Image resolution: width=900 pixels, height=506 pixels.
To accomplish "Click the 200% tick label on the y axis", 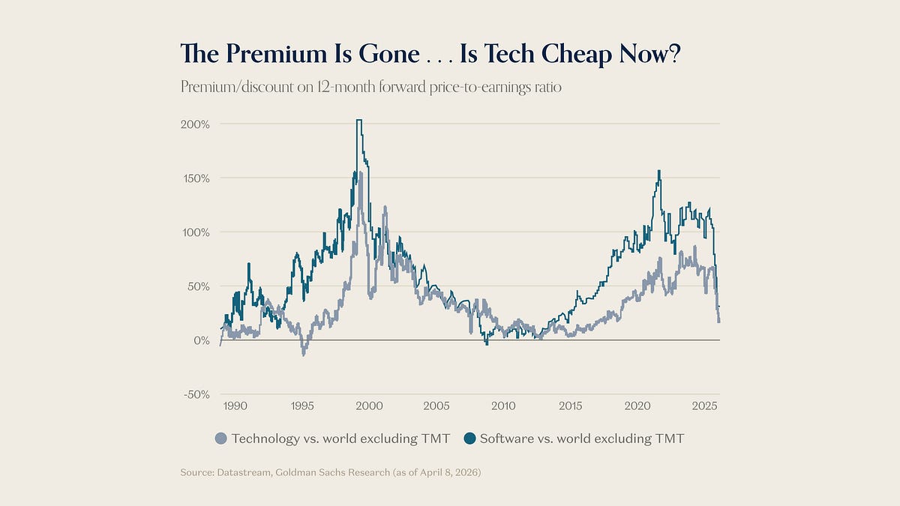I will tap(195, 124).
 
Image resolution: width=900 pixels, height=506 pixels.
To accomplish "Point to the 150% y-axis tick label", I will tap(195, 178).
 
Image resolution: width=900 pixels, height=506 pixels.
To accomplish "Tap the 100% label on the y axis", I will tap(195, 232).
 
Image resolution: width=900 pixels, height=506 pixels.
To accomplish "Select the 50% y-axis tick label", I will tap(198, 286).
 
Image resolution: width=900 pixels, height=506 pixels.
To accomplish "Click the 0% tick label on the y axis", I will tap(201, 340).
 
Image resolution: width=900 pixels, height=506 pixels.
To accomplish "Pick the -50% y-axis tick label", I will tap(196, 394).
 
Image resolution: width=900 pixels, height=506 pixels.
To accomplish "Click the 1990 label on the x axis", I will tap(235, 406).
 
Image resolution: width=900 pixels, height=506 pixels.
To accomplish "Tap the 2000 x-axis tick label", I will tap(368, 406).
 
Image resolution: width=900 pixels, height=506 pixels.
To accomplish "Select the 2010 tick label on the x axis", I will tap(503, 406).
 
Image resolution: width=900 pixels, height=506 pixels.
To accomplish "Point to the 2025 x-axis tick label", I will tap(704, 406).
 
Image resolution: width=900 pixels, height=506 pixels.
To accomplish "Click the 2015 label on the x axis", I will tap(571, 406).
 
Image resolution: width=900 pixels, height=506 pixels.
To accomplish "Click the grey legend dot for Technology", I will tap(220, 439).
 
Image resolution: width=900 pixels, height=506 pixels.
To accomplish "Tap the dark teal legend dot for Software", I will tap(468, 439).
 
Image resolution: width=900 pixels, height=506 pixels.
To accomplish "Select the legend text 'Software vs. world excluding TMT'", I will tap(582, 439).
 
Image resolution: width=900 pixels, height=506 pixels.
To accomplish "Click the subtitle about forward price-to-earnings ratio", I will tap(371, 86).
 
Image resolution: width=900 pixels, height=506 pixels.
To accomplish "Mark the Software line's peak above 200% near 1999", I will tap(359, 120).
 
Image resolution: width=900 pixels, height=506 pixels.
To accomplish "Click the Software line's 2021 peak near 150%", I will tap(658, 171).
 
